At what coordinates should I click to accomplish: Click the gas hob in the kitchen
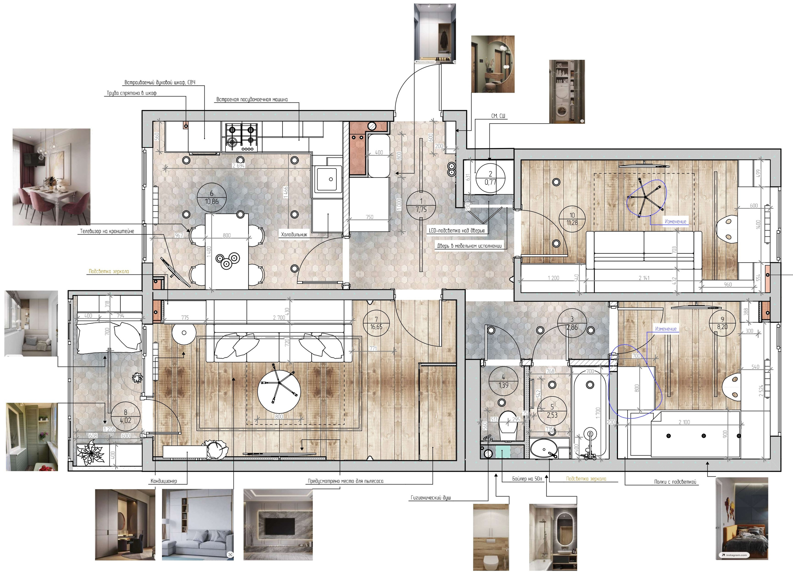tap(241, 138)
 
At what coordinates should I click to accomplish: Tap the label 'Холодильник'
tap(294, 234)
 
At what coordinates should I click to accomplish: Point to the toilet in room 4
tap(508, 426)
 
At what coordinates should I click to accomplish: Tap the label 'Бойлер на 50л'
tap(527, 479)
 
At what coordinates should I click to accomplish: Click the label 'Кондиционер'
tap(164, 481)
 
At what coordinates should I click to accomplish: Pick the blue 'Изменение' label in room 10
tap(675, 221)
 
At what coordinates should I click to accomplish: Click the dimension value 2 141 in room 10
tap(644, 278)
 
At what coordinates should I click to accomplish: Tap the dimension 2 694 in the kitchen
tap(239, 166)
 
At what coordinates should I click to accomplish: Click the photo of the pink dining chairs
tap(51, 177)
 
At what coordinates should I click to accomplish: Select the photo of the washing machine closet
tap(567, 92)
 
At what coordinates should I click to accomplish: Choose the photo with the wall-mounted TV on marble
tap(278, 524)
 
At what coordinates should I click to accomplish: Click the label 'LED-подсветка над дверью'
tap(457, 231)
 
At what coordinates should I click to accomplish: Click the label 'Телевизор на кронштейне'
tap(107, 231)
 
